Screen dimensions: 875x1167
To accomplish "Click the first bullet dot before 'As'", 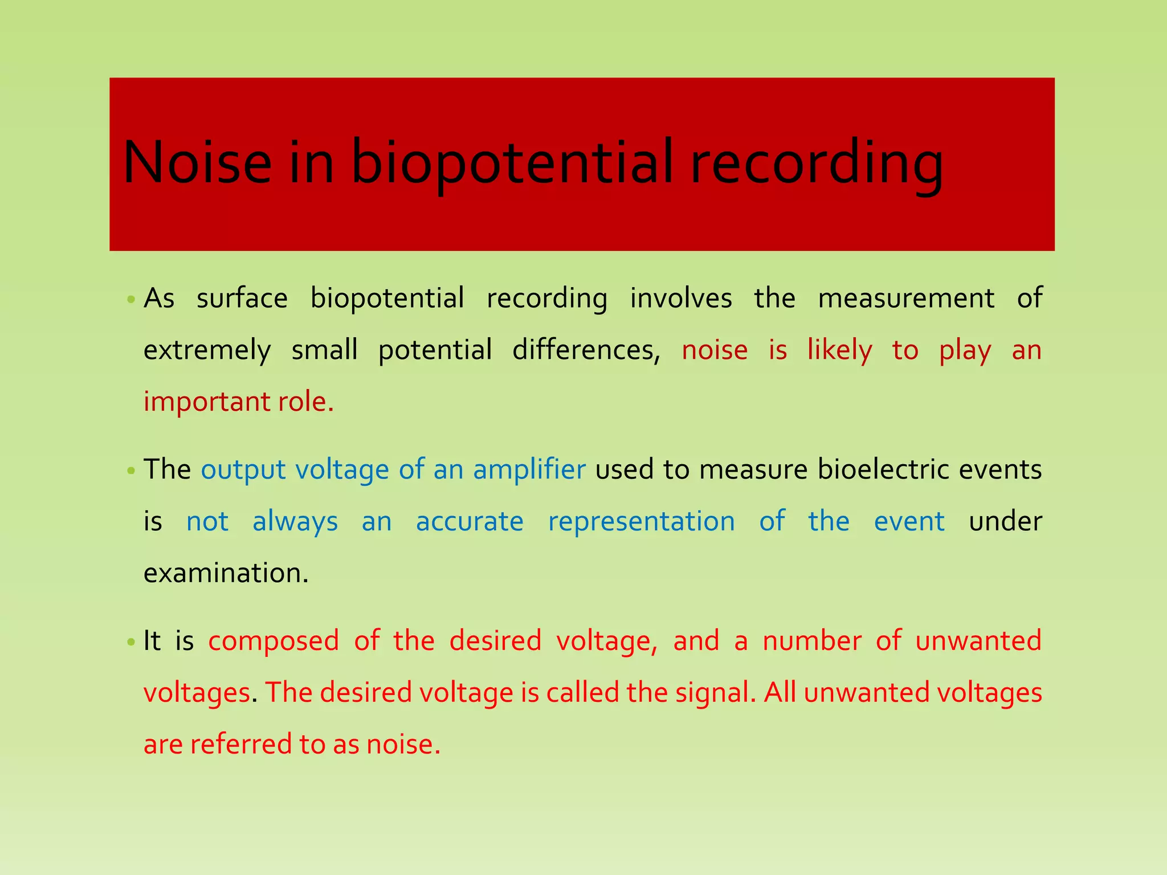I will point(131,299).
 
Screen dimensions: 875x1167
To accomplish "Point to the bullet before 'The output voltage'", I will point(131,471).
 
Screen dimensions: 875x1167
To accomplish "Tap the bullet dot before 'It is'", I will point(131,642).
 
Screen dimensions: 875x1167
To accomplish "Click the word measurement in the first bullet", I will point(906,298).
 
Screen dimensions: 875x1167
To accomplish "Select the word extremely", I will point(207,351).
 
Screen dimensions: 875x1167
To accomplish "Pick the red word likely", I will point(839,350).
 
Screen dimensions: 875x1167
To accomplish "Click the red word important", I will point(206,402).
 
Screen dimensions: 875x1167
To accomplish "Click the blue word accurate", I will point(470,522).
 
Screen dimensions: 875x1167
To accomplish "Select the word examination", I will point(226,573).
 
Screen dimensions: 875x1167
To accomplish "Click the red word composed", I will point(274,641).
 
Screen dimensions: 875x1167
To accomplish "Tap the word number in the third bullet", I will point(812,640).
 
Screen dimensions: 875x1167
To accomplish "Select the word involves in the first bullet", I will point(680,298).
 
